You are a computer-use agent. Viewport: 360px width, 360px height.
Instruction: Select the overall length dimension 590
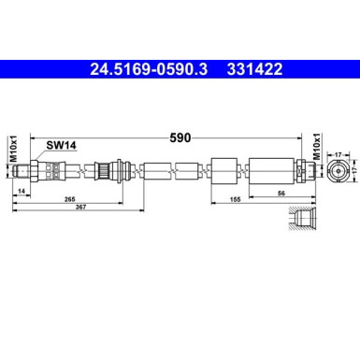click(x=180, y=137)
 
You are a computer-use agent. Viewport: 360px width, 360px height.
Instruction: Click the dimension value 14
click(x=21, y=191)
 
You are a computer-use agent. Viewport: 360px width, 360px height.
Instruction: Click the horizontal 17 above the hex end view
click(x=339, y=144)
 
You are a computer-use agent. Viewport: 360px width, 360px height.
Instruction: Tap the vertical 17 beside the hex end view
click(x=355, y=170)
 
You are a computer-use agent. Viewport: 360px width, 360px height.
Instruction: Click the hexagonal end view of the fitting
click(x=338, y=170)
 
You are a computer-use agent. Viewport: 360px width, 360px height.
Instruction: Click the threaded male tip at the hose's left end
click(x=36, y=170)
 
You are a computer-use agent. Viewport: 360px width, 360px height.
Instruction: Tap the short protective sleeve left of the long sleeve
click(x=223, y=170)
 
